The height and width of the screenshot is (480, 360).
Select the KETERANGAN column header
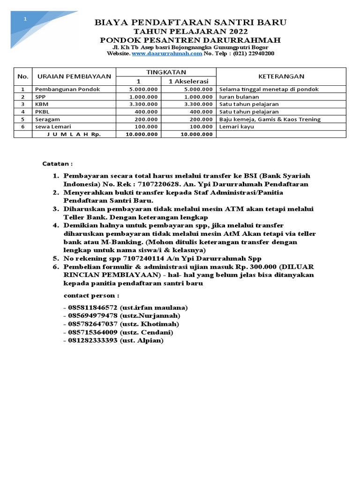(281, 76)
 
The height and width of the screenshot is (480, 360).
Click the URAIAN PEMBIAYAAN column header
(74, 76)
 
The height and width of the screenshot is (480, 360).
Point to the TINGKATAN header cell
(166, 72)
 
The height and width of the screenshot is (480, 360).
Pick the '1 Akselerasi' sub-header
(188, 81)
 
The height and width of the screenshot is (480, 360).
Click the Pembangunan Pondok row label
(67, 89)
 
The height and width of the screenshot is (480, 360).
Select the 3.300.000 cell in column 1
(143, 104)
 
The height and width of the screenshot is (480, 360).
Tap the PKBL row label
(42, 112)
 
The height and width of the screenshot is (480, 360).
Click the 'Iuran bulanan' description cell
(239, 97)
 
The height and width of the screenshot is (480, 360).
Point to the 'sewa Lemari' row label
(50, 127)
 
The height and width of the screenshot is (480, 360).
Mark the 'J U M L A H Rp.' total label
(74, 134)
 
